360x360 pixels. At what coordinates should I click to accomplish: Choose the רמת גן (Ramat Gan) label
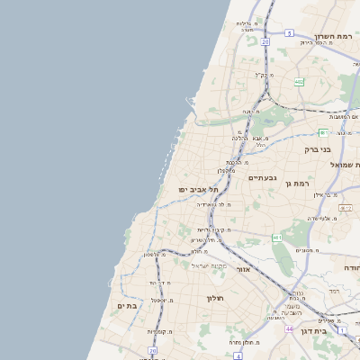click(x=296, y=184)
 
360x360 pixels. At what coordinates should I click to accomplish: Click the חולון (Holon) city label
click(x=214, y=298)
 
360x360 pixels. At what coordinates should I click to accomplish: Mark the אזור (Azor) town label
click(x=243, y=269)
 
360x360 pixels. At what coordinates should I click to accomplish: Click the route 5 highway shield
click(x=289, y=32)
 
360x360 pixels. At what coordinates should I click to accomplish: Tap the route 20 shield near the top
click(x=265, y=41)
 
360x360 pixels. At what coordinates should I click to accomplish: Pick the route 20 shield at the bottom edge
click(x=153, y=351)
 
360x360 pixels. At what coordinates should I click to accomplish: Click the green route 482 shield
click(x=299, y=81)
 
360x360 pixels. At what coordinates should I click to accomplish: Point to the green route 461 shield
click(x=277, y=238)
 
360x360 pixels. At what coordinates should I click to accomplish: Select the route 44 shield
click(x=290, y=330)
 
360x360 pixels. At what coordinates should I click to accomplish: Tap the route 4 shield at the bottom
click(x=237, y=355)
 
